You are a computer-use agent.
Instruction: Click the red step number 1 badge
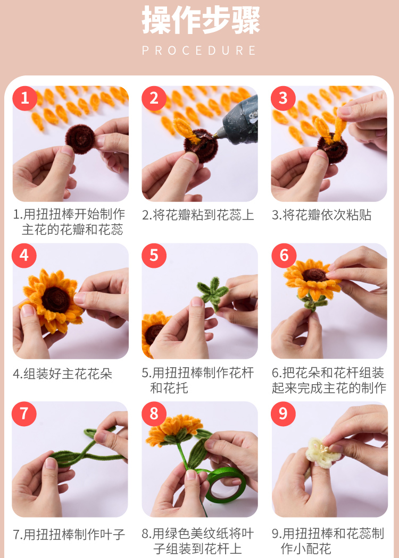24,98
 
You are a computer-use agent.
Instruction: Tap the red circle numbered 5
154,256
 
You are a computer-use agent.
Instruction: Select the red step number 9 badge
283,414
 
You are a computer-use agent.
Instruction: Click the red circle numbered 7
24,414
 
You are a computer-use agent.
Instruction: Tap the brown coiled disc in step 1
80,139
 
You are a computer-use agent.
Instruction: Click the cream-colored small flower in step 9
319,453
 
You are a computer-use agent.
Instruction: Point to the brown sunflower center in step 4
55,299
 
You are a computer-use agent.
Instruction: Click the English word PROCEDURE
199,50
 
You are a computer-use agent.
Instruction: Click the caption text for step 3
321,215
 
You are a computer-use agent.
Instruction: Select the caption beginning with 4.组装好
62,374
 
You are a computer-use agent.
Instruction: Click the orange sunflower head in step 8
174,428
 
